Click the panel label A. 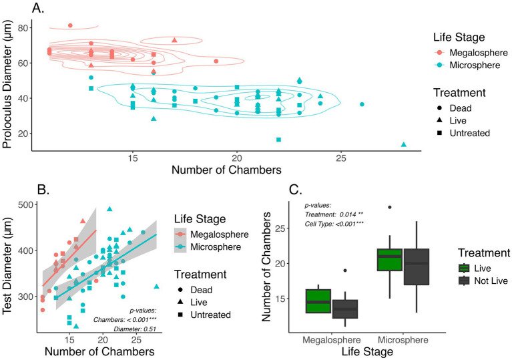pyautogui.click(x=38, y=8)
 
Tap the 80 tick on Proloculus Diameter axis pyautogui.click(x=23, y=28)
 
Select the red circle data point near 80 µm pyautogui.click(x=70, y=25)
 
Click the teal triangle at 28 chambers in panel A pyautogui.click(x=404, y=144)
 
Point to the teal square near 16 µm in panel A pyautogui.click(x=278, y=140)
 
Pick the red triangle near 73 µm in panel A pyautogui.click(x=174, y=40)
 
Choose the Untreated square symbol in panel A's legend pyautogui.click(x=439, y=133)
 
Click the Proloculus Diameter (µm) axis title pyautogui.click(x=7, y=84)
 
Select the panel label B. pyautogui.click(x=43, y=190)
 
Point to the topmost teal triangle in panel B pyautogui.click(x=109, y=209)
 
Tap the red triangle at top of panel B pyautogui.click(x=83, y=221)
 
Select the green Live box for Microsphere pyautogui.click(x=390, y=259)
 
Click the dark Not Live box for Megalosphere pyautogui.click(x=345, y=309)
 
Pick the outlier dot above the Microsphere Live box pyautogui.click(x=390, y=207)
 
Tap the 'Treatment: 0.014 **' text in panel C pyautogui.click(x=334, y=214)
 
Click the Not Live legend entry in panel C pyautogui.click(x=483, y=281)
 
